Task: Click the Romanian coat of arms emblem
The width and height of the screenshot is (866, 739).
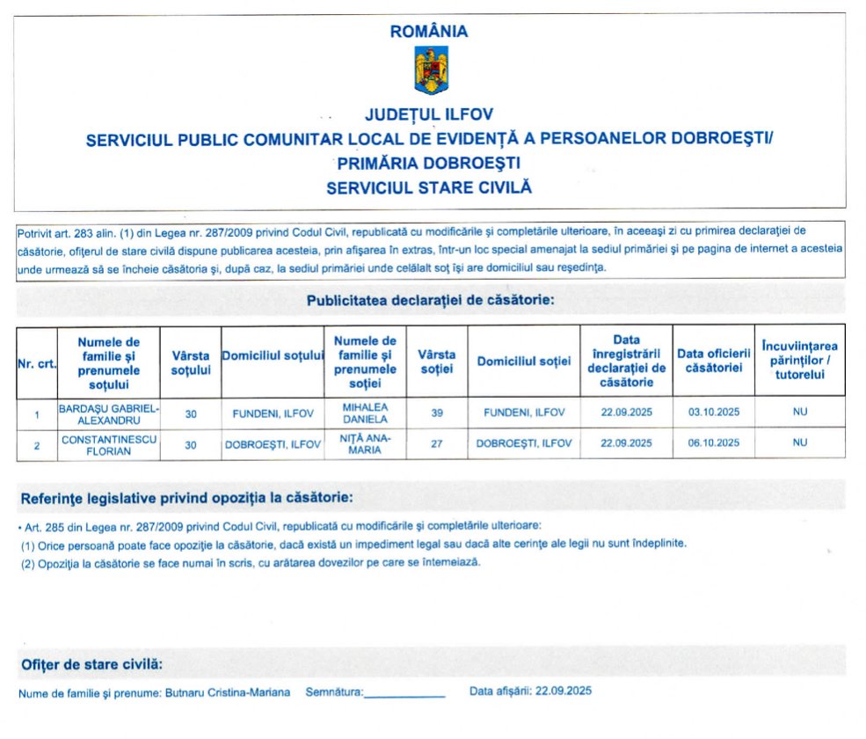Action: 431,71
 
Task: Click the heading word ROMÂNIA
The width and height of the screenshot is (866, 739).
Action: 430,32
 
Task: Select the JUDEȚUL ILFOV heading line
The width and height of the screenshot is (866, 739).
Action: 429,114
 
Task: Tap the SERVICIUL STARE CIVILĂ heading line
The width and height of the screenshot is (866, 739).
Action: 429,187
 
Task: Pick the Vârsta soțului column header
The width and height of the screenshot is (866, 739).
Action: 191,362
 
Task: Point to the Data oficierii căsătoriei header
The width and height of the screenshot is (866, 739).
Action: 713,361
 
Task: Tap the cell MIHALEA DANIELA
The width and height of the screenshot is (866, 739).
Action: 366,413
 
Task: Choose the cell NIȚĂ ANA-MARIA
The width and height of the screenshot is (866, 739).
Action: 366,444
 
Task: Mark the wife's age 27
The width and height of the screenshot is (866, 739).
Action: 436,444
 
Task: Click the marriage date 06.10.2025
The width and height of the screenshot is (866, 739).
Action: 714,444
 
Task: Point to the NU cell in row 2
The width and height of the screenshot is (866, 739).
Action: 799,444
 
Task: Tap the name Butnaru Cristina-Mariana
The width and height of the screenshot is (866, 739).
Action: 228,692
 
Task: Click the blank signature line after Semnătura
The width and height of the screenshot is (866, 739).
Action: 405,694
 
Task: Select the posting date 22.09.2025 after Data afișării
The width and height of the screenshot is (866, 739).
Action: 562,691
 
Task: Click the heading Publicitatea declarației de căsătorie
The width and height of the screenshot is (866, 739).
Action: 430,301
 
